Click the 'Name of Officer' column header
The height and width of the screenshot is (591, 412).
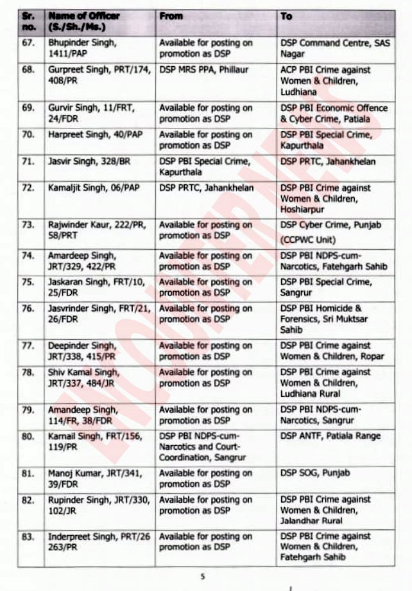click(83, 22)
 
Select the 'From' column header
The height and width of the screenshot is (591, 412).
click(171, 17)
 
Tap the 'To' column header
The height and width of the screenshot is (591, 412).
click(286, 17)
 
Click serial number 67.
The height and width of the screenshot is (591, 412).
click(28, 43)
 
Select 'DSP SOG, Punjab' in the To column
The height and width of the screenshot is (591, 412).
click(315, 473)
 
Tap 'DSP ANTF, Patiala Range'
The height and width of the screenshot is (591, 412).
click(330, 436)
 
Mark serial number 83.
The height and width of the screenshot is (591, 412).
click(28, 537)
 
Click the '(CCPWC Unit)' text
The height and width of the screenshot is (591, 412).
click(308, 240)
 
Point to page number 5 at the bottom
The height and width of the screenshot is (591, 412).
click(203, 577)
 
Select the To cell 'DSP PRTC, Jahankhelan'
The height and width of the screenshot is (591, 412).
click(328, 162)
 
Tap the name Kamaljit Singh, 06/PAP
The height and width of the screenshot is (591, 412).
click(92, 188)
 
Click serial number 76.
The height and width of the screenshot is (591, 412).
click(28, 309)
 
